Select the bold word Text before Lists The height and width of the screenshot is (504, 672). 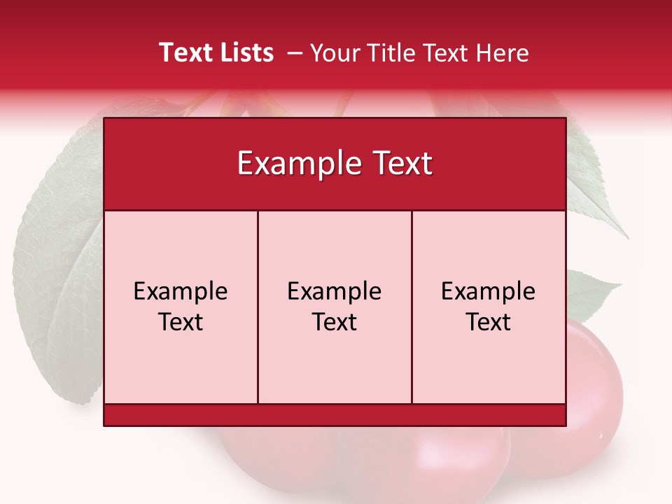tap(185, 52)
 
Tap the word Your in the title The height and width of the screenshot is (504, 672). tap(332, 52)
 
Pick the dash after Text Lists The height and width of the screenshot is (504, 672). tap(295, 53)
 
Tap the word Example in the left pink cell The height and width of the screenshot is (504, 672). tap(181, 291)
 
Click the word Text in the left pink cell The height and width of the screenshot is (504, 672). tap(181, 322)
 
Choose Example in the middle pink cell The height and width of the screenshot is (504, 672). tap(335, 291)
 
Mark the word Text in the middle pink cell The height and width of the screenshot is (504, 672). tap(335, 322)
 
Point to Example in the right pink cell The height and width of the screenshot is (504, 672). tap(489, 291)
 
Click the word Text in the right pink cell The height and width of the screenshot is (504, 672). tap(489, 322)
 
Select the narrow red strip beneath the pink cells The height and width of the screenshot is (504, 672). tap(335, 415)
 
